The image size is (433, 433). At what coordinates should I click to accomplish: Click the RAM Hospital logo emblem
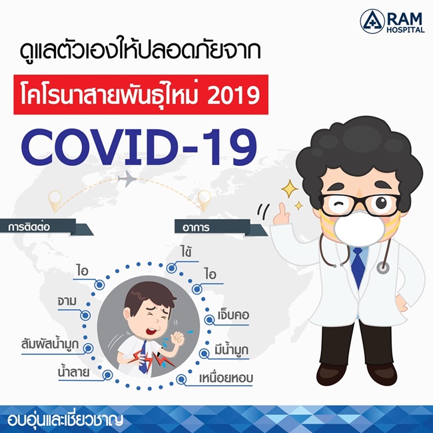pos(372,21)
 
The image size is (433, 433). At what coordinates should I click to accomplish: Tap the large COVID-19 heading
pos(139,147)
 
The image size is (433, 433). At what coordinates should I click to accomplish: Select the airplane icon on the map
pos(127,179)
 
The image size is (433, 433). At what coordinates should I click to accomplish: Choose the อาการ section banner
pos(218,228)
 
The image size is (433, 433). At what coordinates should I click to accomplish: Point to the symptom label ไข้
pos(186,252)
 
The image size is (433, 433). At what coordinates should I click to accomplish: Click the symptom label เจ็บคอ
pos(233,315)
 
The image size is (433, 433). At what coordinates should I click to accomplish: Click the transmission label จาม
pos(67,301)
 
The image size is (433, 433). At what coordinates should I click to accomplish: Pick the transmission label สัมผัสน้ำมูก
pos(50,344)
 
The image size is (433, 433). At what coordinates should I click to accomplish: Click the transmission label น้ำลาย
pos(74,372)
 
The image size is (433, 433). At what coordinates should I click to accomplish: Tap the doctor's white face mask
pos(359,228)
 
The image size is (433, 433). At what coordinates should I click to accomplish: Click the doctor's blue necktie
pos(358,266)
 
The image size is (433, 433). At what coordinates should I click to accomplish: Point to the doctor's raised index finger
pos(281,209)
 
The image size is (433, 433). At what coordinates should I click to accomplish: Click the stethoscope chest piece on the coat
pos(383,267)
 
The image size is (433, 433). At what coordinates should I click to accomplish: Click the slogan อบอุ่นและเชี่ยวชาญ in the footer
pos(65,420)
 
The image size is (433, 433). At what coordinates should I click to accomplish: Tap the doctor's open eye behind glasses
pos(381,203)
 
